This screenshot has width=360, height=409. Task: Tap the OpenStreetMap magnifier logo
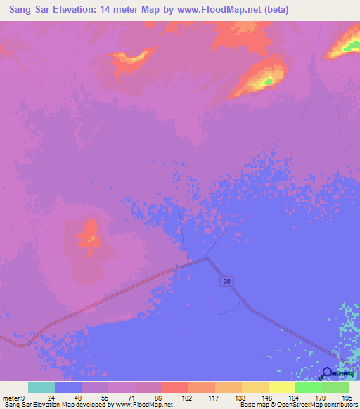pos(328,375)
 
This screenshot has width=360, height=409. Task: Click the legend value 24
pos(41,398)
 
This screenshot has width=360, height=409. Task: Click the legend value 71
pos(122,398)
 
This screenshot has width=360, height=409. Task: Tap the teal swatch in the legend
pos(41,387)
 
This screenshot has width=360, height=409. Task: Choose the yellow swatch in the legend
pos(281,387)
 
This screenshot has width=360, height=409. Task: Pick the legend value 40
pos(68,398)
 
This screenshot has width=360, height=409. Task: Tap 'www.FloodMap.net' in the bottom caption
pos(144,405)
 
